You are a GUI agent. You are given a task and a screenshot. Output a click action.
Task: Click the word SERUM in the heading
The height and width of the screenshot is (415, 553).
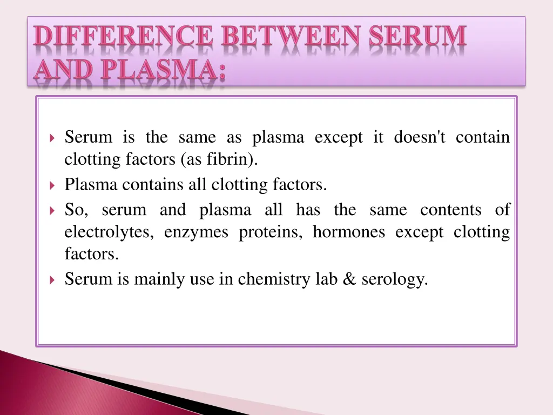418,37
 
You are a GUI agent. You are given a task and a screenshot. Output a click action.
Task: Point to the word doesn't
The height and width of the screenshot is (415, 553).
420,137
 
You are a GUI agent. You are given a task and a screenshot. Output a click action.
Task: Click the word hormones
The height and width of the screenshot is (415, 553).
349,232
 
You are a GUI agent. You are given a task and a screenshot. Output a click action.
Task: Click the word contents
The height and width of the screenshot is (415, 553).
451,210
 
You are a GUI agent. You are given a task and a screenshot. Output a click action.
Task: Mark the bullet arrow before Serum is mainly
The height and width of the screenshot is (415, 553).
52,280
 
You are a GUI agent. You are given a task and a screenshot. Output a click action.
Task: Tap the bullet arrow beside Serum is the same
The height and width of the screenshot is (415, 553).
52,138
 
